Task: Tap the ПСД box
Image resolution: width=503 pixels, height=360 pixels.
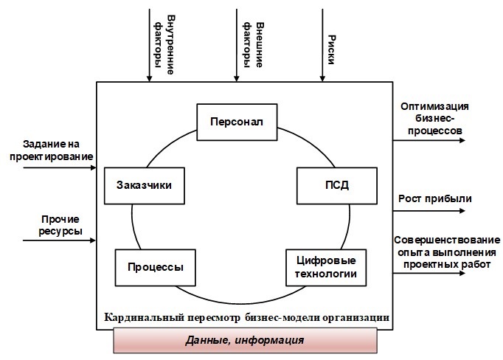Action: tap(330, 185)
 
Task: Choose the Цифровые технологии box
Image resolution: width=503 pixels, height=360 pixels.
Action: tap(325, 268)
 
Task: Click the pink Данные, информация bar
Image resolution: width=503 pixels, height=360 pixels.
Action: tap(245, 342)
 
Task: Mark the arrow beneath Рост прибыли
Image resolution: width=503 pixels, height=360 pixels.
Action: tap(428, 210)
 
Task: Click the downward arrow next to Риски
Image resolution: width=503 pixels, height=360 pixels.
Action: tap(322, 44)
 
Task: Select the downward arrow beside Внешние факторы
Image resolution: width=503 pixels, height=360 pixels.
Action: tap(235, 44)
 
